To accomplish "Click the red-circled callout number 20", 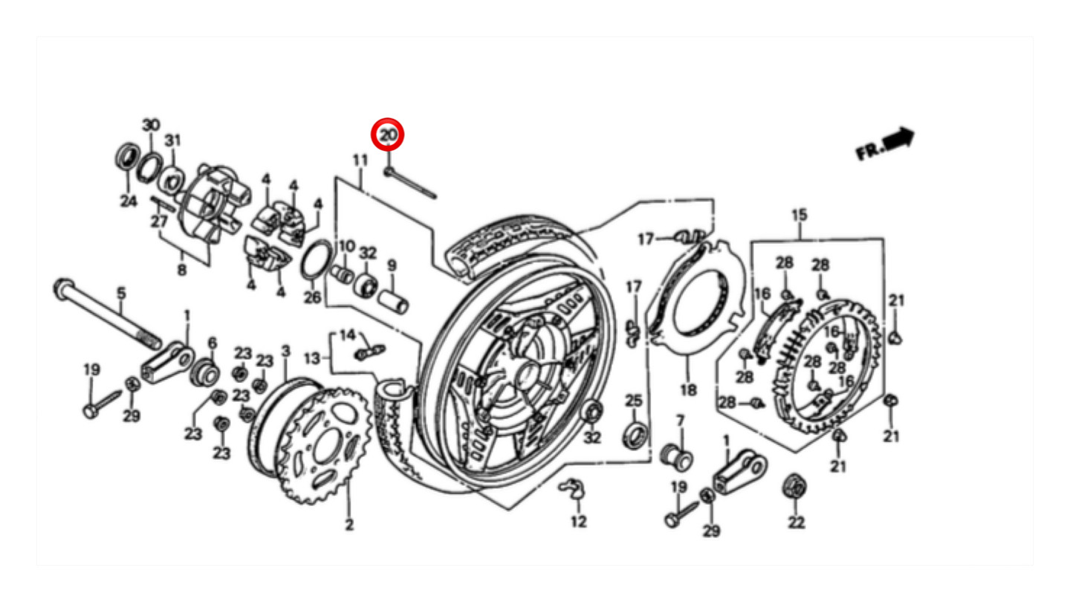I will click(388, 135).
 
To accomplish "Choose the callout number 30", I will click(151, 123).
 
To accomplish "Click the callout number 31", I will click(172, 140).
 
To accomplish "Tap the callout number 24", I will click(129, 201).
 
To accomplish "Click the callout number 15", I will click(799, 216).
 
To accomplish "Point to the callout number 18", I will click(688, 389).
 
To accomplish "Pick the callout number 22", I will click(796, 522).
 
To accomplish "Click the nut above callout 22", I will click(794, 487).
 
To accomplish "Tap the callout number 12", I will click(579, 521).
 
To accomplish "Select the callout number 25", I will click(633, 401).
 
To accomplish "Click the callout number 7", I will click(679, 421).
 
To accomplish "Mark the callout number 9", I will click(392, 265).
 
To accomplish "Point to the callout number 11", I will click(360, 160).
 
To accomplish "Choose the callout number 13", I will click(312, 358).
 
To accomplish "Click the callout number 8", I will click(182, 271).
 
